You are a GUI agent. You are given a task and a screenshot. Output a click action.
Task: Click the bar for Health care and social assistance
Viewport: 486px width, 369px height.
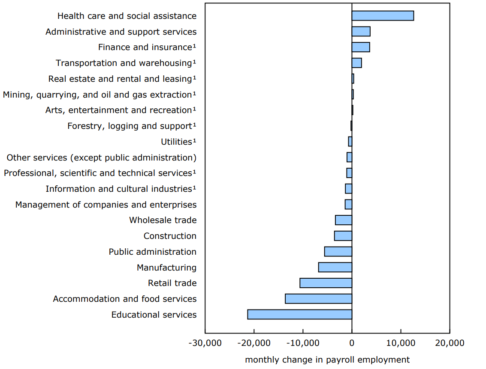pos(383,16)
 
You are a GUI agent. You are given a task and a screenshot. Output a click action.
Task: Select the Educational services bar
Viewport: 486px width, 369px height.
pos(299,315)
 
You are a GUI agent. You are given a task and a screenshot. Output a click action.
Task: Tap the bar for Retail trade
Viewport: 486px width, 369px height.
pos(326,283)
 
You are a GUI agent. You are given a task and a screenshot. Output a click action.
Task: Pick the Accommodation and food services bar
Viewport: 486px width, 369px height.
pos(318,299)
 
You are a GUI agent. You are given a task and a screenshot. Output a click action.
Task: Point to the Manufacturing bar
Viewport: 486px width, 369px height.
pos(335,268)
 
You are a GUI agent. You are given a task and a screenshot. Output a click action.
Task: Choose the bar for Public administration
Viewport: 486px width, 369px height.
pos(338,252)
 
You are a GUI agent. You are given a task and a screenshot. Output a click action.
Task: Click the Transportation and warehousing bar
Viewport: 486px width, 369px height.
pos(356,63)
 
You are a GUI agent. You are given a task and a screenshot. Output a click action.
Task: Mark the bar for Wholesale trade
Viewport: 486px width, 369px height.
pos(344,220)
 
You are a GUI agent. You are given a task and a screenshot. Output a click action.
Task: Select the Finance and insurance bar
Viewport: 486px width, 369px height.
pos(361,47)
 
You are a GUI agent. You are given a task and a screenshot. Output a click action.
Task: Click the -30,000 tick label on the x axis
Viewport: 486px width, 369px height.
pos(205,343)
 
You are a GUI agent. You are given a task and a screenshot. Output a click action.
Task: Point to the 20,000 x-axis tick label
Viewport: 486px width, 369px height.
pos(450,343)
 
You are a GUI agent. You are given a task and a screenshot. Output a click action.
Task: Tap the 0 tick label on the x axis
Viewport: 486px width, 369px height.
pos(352,343)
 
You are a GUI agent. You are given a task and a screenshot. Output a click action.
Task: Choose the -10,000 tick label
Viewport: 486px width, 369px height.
pos(303,343)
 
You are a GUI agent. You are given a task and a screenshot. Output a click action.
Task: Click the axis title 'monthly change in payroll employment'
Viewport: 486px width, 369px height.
pos(327,360)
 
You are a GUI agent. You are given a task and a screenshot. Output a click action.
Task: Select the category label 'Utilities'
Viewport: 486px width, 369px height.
pos(176,142)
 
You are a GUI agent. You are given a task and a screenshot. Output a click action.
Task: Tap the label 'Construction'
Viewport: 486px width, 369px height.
pos(170,236)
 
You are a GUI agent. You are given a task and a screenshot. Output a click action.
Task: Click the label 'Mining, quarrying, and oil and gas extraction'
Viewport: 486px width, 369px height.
pos(97,95)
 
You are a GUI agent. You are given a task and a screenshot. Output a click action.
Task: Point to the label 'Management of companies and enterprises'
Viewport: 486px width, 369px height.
pos(106,205)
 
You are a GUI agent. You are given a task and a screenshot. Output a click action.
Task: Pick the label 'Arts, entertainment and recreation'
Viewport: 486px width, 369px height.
pos(118,110)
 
